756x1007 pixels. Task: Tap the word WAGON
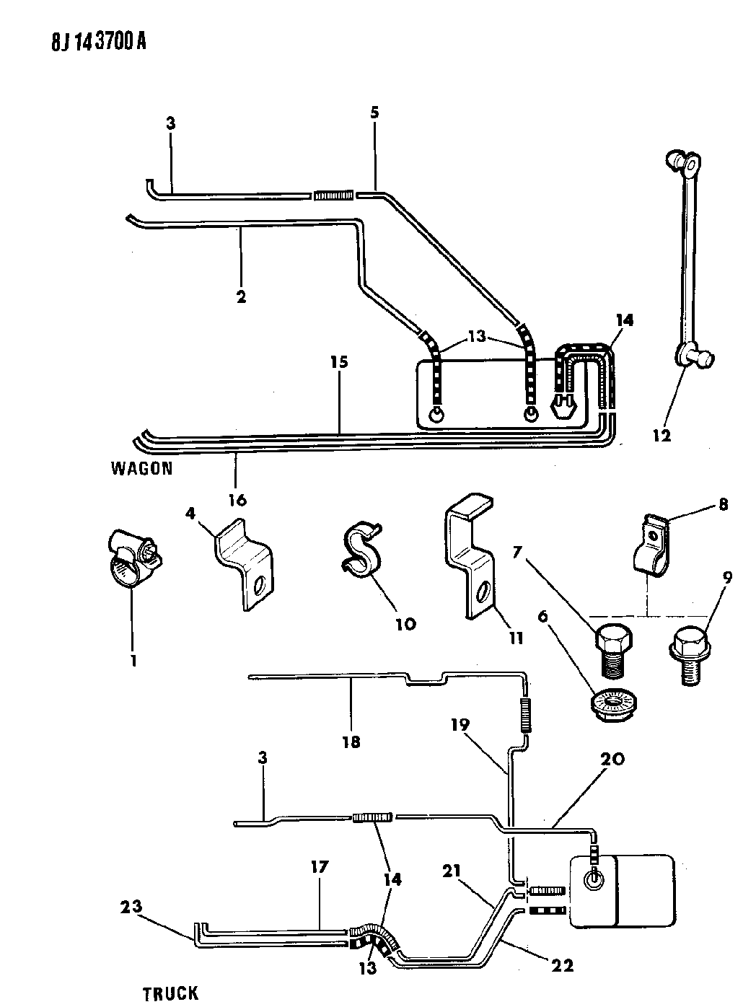pyautogui.click(x=142, y=468)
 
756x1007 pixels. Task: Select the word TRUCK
pyautogui.click(x=170, y=993)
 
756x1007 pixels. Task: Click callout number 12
pyautogui.click(x=661, y=435)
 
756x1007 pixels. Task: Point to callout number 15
pyautogui.click(x=339, y=361)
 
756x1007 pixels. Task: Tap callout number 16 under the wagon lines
pyautogui.click(x=238, y=499)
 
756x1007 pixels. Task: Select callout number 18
pyautogui.click(x=351, y=740)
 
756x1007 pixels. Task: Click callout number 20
pyautogui.click(x=610, y=759)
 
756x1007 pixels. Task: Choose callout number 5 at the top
pyautogui.click(x=374, y=113)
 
